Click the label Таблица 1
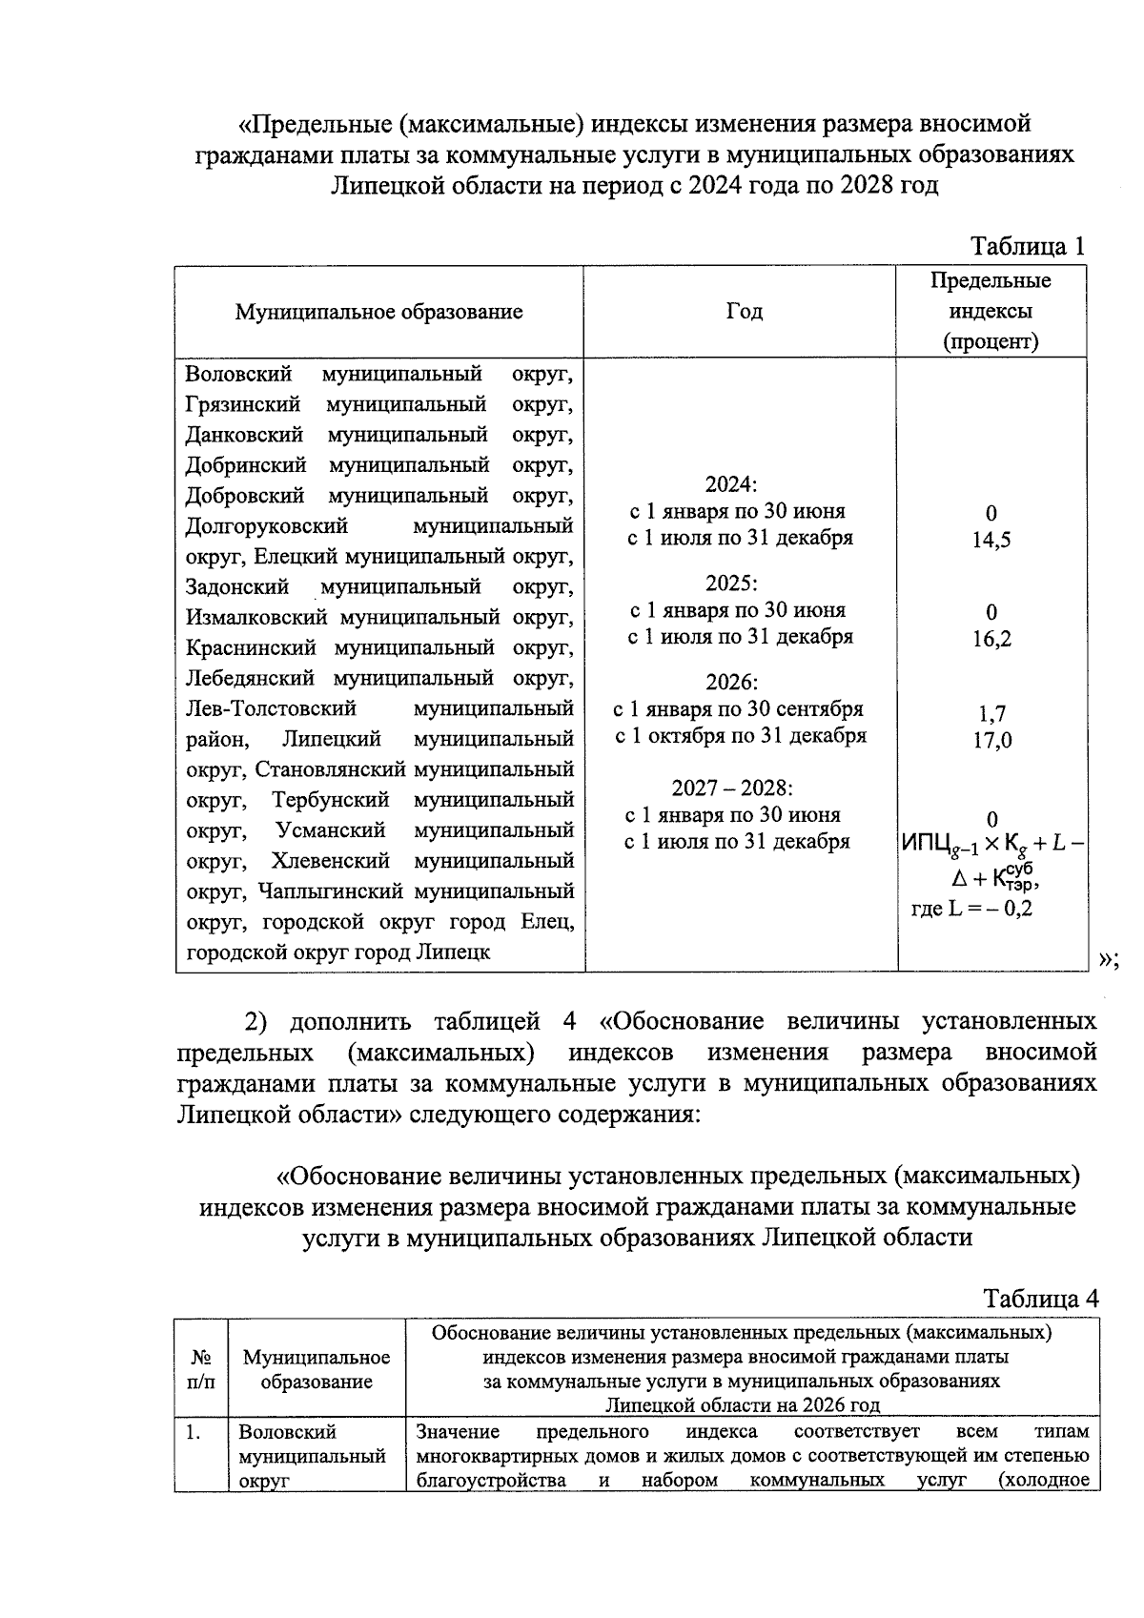tap(1027, 247)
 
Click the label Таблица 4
tap(1041, 1299)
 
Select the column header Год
tap(744, 312)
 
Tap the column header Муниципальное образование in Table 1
tap(378, 312)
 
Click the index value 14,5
tap(991, 540)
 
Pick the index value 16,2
tap(991, 639)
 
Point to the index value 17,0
tap(991, 740)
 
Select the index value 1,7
tap(991, 713)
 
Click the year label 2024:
tap(731, 484)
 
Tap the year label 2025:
tap(731, 584)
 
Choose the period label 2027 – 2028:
tap(732, 789)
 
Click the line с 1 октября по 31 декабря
tap(741, 736)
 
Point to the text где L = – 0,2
tap(971, 909)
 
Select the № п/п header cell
tap(201, 1368)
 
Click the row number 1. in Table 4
tap(194, 1432)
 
